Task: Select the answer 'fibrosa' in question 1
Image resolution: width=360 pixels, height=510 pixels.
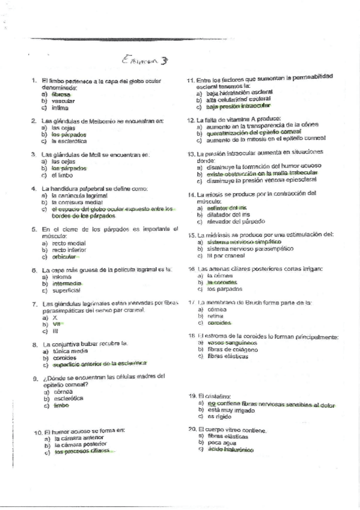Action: (x=61, y=94)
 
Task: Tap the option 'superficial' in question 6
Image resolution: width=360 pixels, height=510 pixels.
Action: (x=66, y=290)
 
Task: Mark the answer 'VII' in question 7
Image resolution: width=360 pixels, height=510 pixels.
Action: (x=56, y=324)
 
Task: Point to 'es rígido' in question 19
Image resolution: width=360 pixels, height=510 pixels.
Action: (x=219, y=416)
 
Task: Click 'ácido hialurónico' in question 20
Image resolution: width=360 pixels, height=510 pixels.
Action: (x=230, y=449)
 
